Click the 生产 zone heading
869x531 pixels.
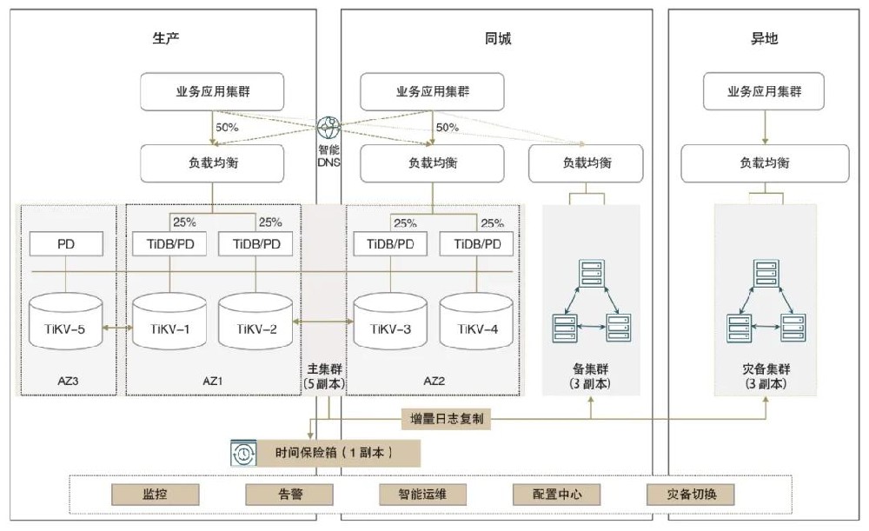166,38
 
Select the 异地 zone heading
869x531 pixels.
764,38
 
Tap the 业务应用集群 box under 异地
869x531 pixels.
764,91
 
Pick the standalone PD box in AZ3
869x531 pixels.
66,244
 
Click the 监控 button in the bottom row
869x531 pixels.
155,494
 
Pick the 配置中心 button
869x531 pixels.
557,494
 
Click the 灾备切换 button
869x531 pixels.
691,494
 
